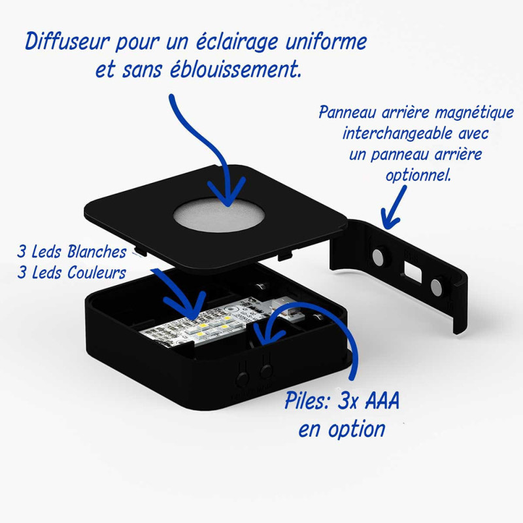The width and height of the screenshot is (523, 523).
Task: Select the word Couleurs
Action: click(96, 273)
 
